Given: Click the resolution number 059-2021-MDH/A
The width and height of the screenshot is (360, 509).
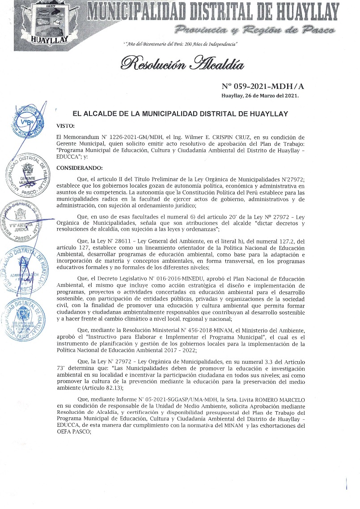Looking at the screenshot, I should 259,86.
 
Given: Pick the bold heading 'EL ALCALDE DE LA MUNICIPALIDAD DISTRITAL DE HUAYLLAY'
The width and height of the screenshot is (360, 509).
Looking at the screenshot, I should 180,114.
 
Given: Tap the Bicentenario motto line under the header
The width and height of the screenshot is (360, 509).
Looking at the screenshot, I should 180,44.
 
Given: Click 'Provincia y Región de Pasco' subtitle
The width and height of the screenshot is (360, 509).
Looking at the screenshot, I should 255,30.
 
